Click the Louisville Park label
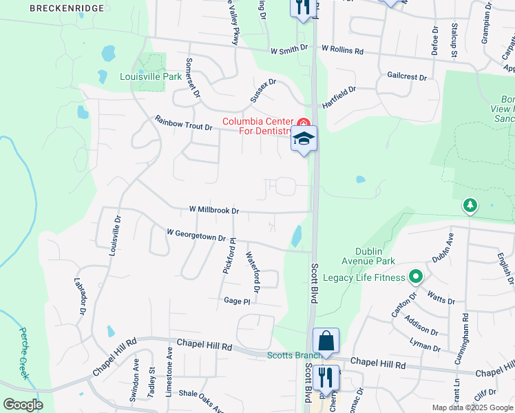151,76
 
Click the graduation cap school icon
304,138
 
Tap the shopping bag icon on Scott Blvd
326,341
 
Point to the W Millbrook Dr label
213,210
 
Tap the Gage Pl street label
237,301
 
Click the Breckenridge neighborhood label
67,8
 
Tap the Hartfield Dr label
338,95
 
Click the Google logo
23,404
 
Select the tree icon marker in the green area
470,205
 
